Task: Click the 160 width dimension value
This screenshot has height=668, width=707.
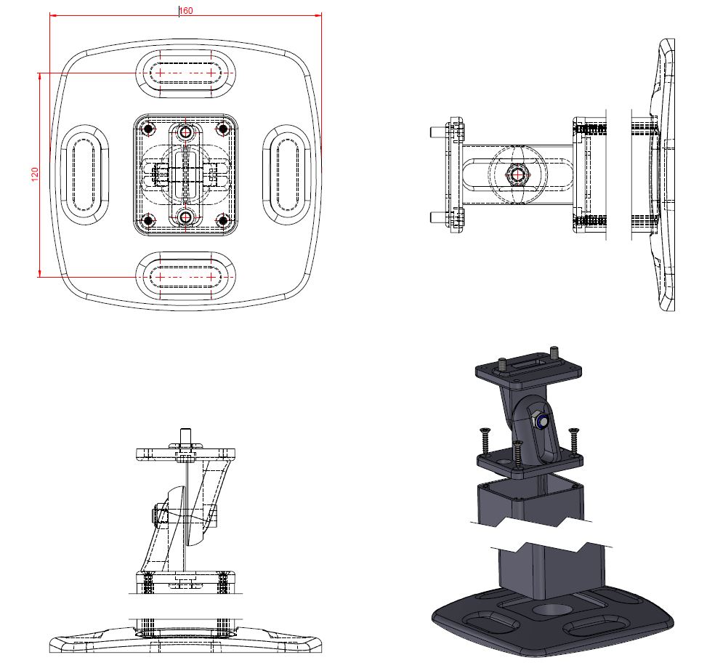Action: click(x=186, y=10)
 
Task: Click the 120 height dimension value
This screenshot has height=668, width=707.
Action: click(x=35, y=174)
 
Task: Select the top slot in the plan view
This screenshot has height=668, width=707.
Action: click(x=185, y=73)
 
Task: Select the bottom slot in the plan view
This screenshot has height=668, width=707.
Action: click(x=185, y=276)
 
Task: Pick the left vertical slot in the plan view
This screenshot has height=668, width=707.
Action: click(x=84, y=174)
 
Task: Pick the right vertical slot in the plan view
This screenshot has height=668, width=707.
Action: click(x=287, y=174)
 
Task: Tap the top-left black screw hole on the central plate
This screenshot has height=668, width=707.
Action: click(x=148, y=129)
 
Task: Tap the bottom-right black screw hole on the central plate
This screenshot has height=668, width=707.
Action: click(x=223, y=220)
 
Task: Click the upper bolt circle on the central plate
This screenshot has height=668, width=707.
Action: click(x=185, y=132)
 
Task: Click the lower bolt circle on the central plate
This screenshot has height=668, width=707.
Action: click(x=185, y=217)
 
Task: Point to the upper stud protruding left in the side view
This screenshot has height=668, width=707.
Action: click(x=438, y=132)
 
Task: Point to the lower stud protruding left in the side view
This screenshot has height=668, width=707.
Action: click(x=438, y=217)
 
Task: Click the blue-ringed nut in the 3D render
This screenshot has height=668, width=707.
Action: click(x=540, y=420)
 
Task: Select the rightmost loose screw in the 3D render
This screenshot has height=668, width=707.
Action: click(x=573, y=441)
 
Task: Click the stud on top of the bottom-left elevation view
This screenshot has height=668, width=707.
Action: click(x=185, y=436)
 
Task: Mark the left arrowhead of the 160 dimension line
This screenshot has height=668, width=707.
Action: click(x=53, y=15)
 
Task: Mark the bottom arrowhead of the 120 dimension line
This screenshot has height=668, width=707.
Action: click(x=40, y=273)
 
